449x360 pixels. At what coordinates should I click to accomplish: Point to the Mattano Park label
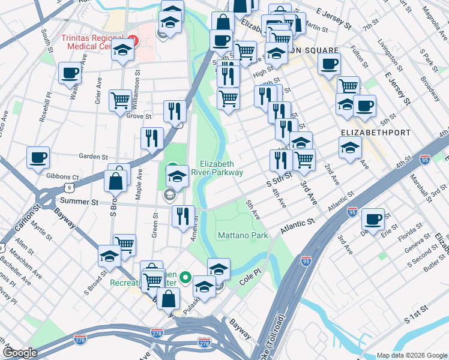[x=243, y=236]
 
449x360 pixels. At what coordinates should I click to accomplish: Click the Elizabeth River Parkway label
[x=221, y=168]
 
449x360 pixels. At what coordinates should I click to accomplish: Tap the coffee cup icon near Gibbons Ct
[x=38, y=158]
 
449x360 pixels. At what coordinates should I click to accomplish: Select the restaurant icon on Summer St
[x=183, y=215]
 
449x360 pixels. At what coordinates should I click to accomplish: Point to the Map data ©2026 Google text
[x=411, y=355]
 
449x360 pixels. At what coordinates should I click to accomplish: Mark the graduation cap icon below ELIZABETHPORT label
[x=350, y=148]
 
